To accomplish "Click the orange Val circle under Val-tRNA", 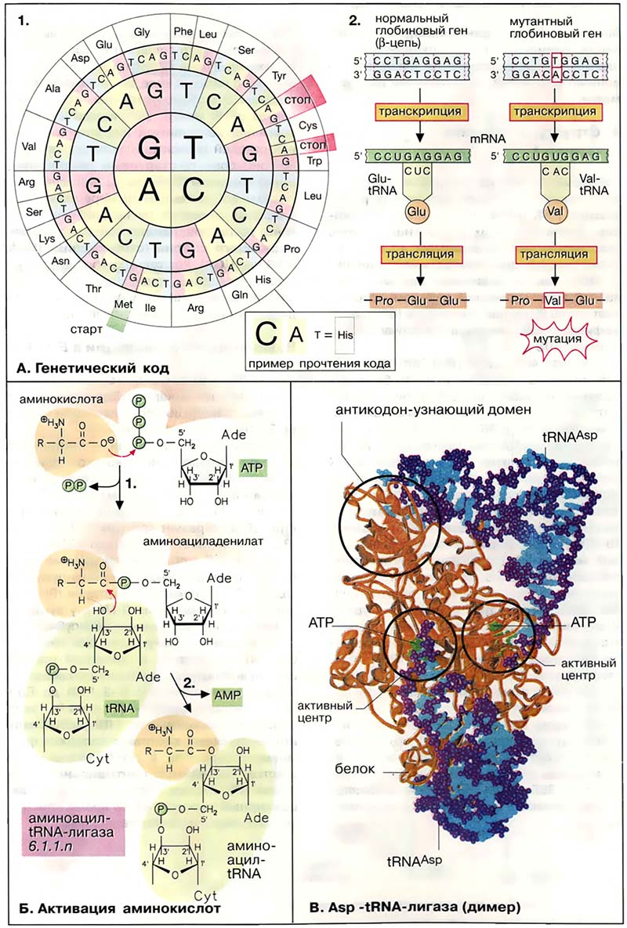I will (556, 211).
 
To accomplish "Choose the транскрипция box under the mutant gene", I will (556, 112).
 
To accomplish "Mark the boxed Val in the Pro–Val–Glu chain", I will (556, 299).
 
